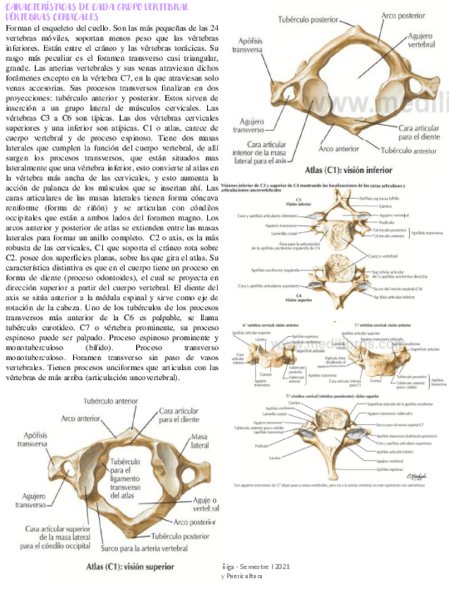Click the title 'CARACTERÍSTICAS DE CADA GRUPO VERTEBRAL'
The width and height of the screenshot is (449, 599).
coord(96,6)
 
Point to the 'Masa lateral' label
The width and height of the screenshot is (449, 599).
coord(200,441)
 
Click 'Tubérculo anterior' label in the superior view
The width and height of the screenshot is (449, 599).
coord(111,401)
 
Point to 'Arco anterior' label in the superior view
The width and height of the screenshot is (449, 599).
coord(80,418)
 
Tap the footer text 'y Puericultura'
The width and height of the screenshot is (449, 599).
coord(241,576)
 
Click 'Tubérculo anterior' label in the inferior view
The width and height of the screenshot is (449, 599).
coord(409,150)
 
